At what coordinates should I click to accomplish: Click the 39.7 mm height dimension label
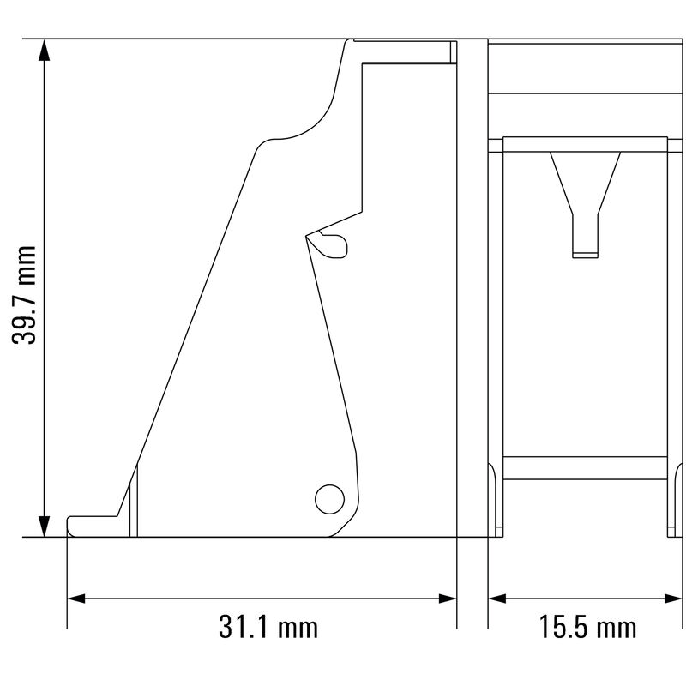pyautogui.click(x=24, y=295)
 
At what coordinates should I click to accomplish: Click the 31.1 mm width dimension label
pyautogui.click(x=268, y=627)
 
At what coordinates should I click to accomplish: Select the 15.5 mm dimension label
pyautogui.click(x=587, y=627)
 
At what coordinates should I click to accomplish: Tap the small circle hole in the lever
pyautogui.click(x=329, y=499)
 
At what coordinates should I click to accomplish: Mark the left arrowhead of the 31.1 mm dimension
pyautogui.click(x=76, y=599)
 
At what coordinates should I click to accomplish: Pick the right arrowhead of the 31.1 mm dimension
pyautogui.click(x=448, y=599)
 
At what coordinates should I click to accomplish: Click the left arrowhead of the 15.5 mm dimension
pyautogui.click(x=497, y=599)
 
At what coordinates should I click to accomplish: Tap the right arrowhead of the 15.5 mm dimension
pyautogui.click(x=673, y=599)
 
